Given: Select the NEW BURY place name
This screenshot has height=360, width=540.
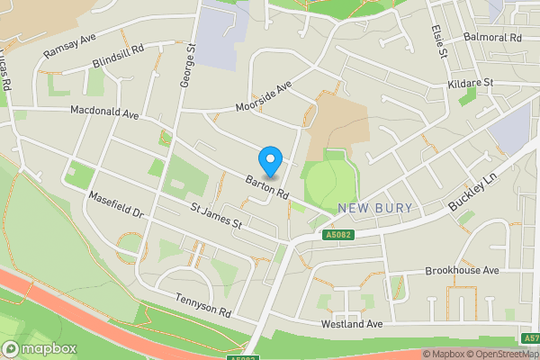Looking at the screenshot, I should point(375,209).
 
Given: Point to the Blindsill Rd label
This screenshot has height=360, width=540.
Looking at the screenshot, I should point(118,58).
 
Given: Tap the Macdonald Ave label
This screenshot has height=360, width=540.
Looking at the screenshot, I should point(106,114).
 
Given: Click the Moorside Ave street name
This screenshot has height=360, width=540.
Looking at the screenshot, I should point(265,99).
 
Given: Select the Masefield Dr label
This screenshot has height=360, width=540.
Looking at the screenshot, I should point(116,204).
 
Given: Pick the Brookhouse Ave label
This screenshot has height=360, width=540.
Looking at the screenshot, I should point(462,270).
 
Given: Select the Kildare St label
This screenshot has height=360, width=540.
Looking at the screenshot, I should point(472,83).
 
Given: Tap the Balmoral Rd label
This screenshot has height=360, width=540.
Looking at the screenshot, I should point(492,39).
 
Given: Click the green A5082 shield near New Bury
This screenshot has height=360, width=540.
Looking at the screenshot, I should point(336,236).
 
